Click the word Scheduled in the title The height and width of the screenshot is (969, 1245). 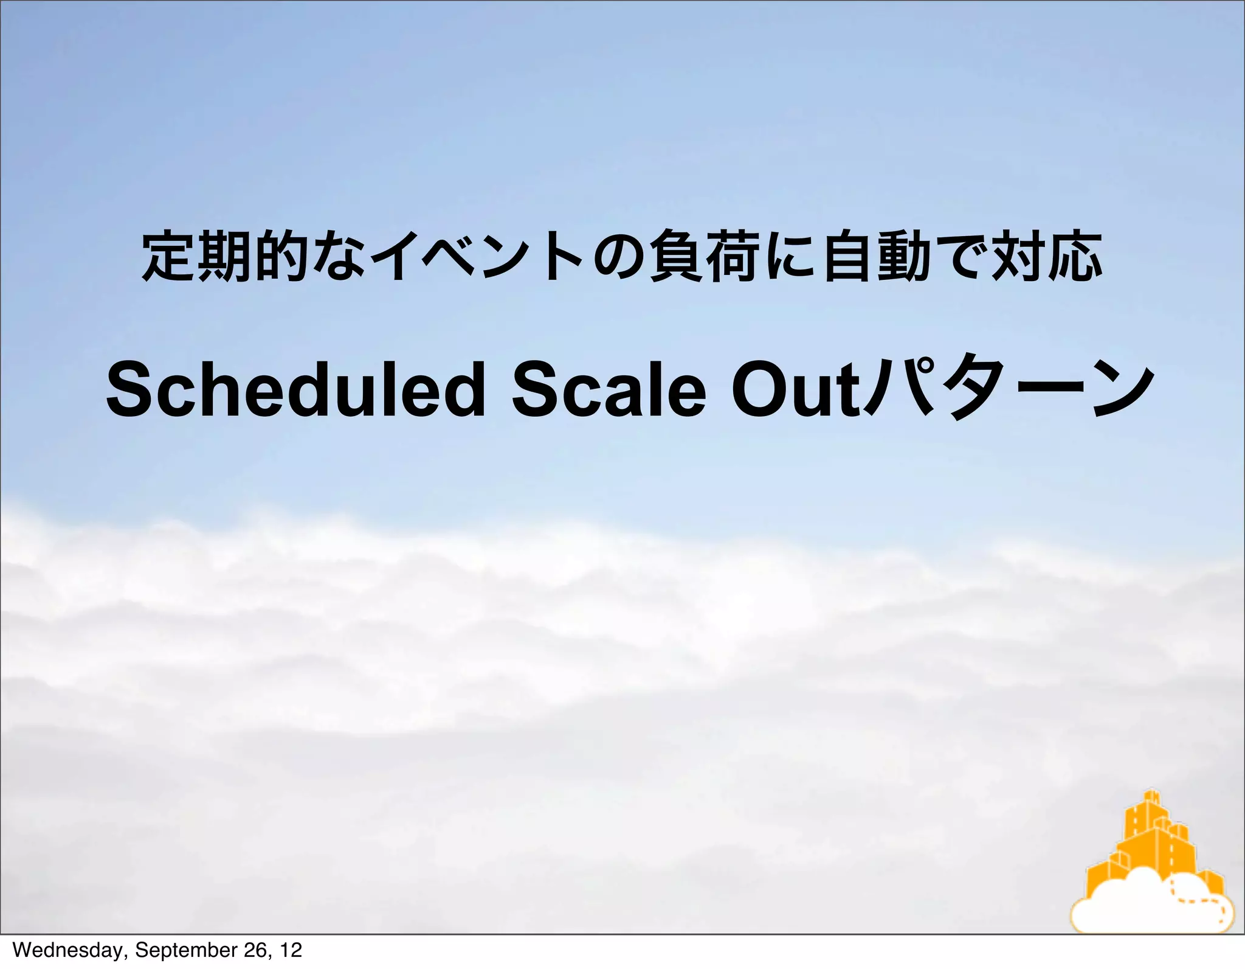point(295,390)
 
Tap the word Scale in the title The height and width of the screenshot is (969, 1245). point(609,390)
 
